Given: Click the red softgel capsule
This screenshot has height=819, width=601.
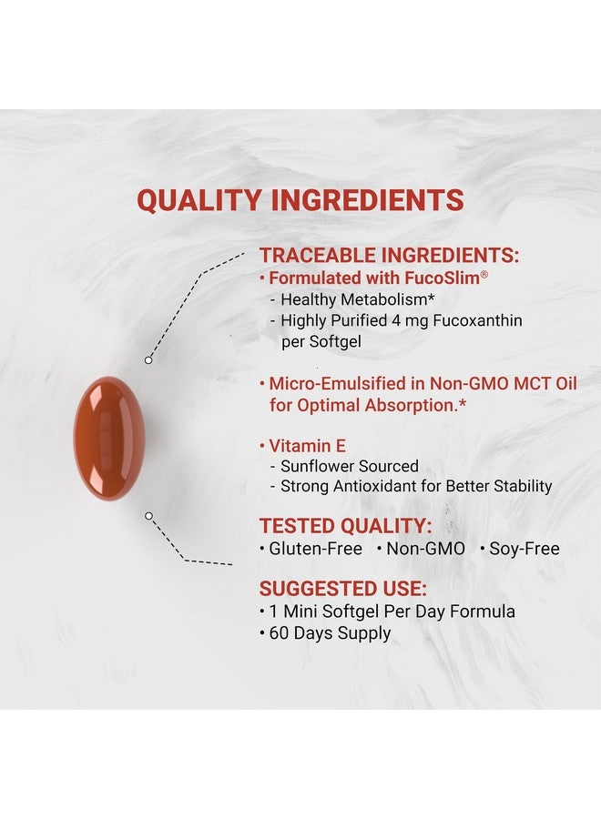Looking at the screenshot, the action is point(108,439).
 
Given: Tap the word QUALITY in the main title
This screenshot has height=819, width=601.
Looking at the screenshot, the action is point(199,200).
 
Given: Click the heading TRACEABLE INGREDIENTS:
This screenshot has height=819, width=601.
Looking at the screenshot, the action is point(390,256).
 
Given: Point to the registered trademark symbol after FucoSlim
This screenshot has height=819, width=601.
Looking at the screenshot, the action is point(484,274).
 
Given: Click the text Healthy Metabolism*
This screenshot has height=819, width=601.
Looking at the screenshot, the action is point(358,299).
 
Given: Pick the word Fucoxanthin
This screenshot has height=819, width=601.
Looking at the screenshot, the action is point(478,320).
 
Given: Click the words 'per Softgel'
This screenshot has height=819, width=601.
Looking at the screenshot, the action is point(321,342).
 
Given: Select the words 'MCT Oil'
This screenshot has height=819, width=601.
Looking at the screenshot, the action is point(545,384).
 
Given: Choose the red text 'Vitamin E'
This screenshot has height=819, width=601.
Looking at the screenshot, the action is point(307,446).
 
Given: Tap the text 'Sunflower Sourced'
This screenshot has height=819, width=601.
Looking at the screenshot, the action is point(350,466).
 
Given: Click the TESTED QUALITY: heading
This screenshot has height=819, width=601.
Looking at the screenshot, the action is point(345,526).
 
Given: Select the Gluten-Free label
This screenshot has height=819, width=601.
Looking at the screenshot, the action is point(316,549).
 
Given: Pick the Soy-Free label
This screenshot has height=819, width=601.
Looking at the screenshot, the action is point(525,549).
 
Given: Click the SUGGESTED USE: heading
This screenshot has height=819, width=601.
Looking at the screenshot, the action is point(342,589).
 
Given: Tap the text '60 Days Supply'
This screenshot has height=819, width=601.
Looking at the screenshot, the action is point(330,633).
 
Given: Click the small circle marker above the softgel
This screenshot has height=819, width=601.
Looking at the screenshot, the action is point(148,359).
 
